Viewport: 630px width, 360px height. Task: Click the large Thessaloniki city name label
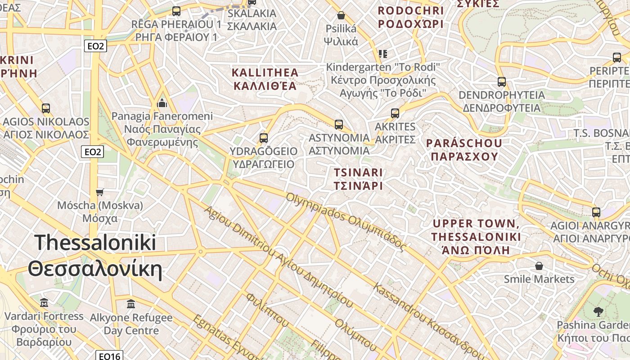[x=95, y=256]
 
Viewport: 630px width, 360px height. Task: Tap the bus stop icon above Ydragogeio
[x=264, y=138]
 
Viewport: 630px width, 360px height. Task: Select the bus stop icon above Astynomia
[x=339, y=125]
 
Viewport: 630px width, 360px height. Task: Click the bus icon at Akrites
[x=395, y=113]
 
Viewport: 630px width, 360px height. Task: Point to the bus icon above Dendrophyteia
[x=502, y=82]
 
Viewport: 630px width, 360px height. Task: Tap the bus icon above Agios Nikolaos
[x=46, y=108]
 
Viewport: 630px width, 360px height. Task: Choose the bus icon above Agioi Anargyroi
[x=596, y=212]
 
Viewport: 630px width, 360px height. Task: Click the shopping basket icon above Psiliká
[x=341, y=16]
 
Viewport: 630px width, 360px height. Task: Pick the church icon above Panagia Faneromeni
[x=162, y=103]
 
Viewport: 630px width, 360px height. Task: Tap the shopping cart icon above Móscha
[x=100, y=192]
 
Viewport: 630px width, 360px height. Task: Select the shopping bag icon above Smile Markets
[x=539, y=266]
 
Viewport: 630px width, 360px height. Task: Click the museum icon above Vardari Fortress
[x=44, y=302]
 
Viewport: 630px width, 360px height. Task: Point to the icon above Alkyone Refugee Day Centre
[x=131, y=304]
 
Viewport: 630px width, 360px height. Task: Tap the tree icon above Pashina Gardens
[x=598, y=311]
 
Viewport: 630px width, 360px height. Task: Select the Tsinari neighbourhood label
[x=358, y=179]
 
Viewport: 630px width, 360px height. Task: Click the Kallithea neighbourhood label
[x=265, y=79]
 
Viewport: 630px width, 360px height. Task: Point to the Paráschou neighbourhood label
[x=464, y=150]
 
